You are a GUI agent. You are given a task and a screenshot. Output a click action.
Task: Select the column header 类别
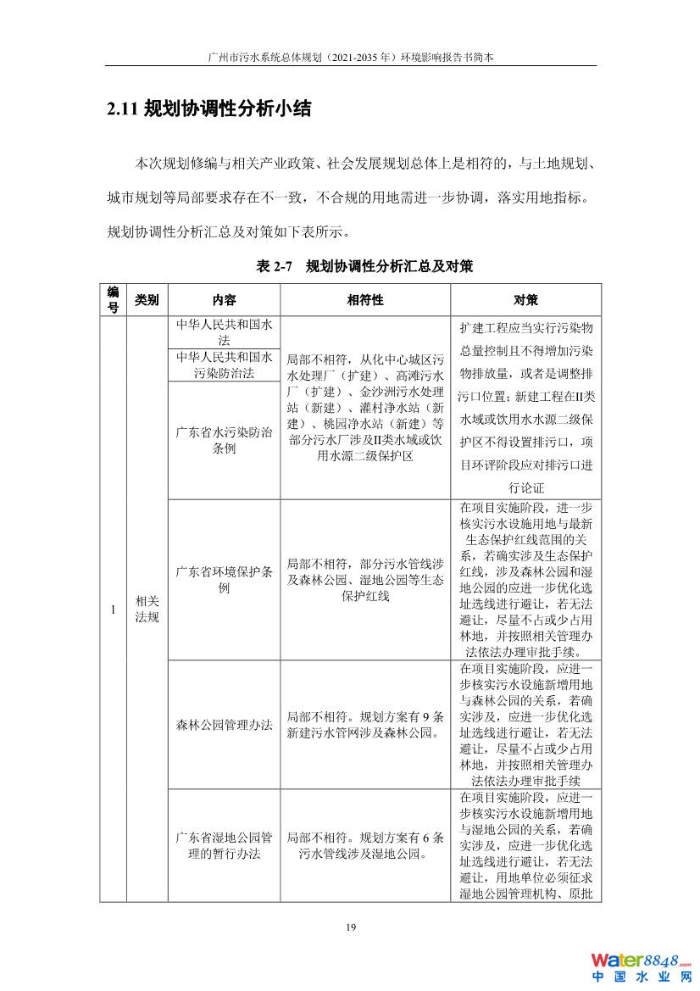click(x=147, y=300)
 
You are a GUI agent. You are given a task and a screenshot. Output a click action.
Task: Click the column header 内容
click(x=224, y=300)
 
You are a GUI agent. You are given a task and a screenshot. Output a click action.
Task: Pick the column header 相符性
click(x=365, y=300)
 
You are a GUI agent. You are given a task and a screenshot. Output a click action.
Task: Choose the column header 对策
click(x=525, y=300)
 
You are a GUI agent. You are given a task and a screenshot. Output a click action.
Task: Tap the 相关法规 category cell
click(x=147, y=609)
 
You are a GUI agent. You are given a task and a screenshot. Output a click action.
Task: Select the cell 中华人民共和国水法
click(x=224, y=331)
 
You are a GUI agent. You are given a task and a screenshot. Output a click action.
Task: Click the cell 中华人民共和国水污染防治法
click(x=224, y=365)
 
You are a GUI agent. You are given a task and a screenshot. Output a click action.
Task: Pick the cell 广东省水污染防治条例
click(x=224, y=440)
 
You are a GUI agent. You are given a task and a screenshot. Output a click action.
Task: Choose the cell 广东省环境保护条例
click(x=224, y=580)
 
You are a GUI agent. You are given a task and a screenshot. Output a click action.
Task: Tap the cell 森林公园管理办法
click(x=224, y=725)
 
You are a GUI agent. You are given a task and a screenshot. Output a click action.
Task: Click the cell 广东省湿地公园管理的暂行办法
click(x=224, y=845)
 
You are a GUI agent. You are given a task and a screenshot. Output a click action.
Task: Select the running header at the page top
click(x=350, y=56)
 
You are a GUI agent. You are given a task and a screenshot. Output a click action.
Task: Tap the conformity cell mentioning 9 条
click(x=365, y=725)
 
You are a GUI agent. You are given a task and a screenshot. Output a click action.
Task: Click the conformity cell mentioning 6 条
click(x=365, y=845)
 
